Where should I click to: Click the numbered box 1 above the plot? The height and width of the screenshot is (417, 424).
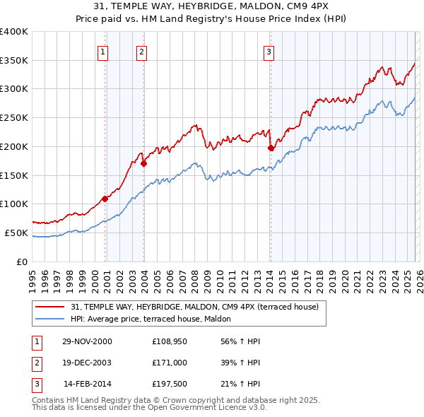click(x=103, y=52)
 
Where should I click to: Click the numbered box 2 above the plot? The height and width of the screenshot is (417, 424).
click(x=141, y=52)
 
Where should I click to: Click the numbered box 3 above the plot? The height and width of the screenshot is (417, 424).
click(x=269, y=52)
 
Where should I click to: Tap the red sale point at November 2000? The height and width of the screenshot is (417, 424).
click(x=105, y=199)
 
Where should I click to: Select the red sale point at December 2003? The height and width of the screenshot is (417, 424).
click(x=144, y=163)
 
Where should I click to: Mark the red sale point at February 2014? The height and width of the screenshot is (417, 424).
click(x=271, y=148)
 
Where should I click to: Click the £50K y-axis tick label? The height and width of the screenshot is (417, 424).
click(x=16, y=233)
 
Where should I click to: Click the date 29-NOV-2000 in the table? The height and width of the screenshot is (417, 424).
click(x=86, y=341)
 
